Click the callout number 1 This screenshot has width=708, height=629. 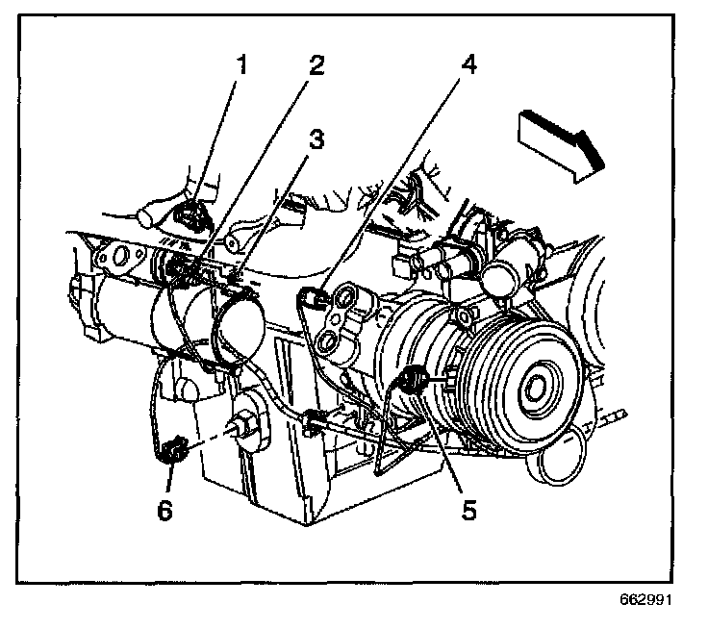(241, 65)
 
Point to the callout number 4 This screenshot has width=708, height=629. (468, 66)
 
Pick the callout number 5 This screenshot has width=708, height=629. (468, 508)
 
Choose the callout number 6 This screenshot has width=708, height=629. (165, 510)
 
